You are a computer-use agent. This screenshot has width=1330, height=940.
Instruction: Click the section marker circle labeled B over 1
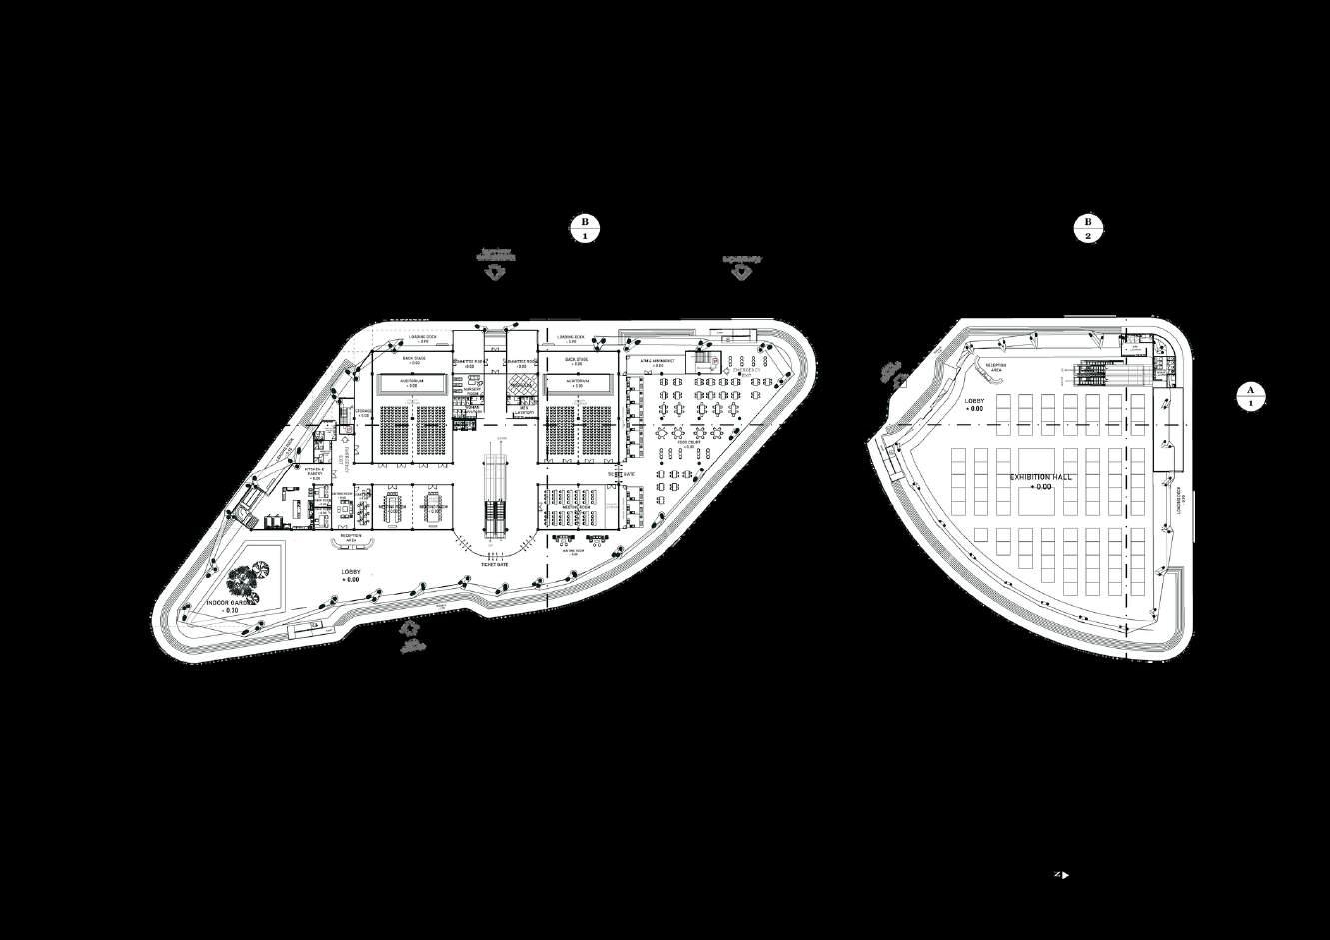[x=585, y=229]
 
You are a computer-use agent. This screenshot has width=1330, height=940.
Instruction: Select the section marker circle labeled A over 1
[x=1249, y=396]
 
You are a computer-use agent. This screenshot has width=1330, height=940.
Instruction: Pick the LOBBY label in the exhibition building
[x=975, y=405]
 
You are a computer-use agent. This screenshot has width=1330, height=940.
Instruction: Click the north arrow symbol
[x=1061, y=875]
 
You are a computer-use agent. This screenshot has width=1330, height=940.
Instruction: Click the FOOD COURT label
[x=687, y=447]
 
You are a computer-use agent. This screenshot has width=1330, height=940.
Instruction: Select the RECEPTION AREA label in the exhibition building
[x=996, y=366]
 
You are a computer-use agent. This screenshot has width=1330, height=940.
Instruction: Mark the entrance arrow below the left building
[x=407, y=629]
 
